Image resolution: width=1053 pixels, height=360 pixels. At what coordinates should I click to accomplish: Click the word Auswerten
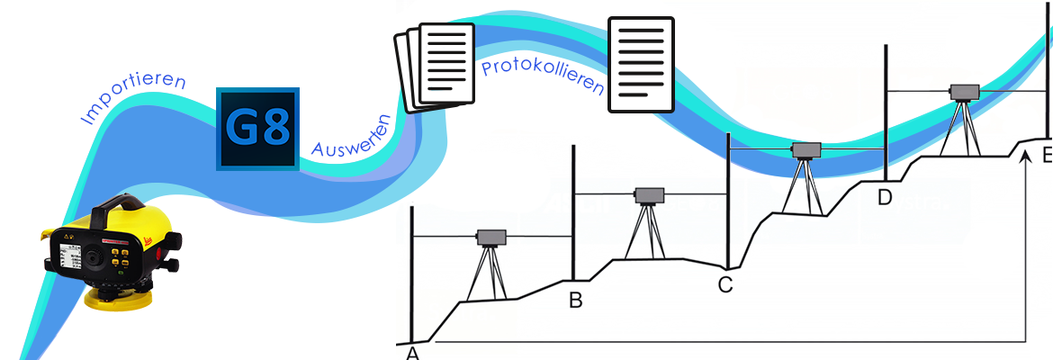coord(350,134)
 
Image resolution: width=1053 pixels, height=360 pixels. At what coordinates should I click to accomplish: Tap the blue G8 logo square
coord(257,129)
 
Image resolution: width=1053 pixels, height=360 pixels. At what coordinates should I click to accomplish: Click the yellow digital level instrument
coord(108,252)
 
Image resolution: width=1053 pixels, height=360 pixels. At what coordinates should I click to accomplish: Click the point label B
coord(576,301)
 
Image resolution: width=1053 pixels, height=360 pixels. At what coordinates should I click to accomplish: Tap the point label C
coord(725,285)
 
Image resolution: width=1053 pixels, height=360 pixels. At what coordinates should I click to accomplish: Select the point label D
coord(885,197)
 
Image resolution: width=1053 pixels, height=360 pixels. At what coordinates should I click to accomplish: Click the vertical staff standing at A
coord(411,270)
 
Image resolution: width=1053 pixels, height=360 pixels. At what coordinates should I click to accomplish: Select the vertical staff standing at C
coord(727,198)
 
